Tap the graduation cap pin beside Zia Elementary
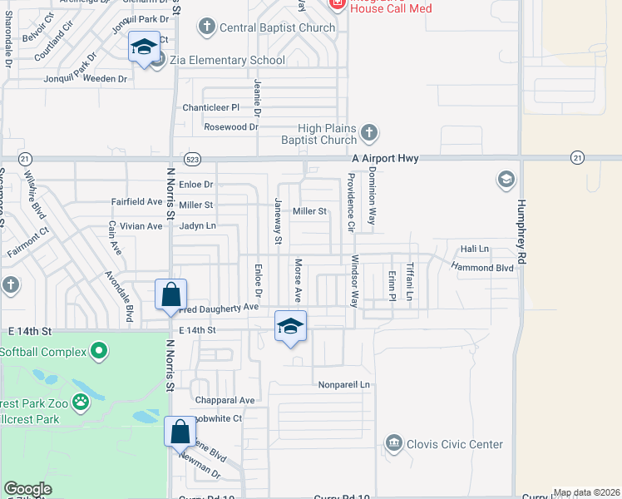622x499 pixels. point(144,47)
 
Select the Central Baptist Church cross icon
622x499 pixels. point(206,27)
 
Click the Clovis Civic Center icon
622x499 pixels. point(394,443)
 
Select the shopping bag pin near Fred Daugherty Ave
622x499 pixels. point(170,294)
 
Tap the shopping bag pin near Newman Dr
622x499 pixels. point(180,431)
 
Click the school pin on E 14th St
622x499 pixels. point(290,326)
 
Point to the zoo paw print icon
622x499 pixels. point(80,403)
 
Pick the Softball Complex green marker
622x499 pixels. point(99,351)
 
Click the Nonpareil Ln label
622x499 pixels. point(343,385)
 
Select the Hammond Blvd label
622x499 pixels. point(482,267)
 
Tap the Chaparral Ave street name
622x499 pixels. point(224,400)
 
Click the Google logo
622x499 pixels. point(28,489)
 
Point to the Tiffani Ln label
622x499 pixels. point(410,283)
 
